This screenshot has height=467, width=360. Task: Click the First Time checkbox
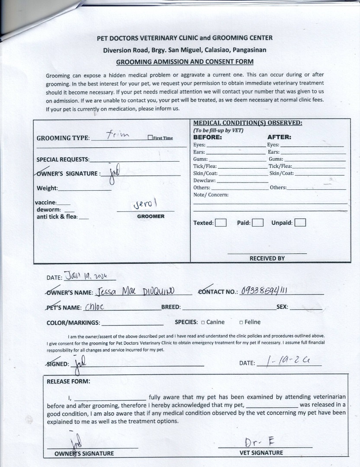[x=150, y=138]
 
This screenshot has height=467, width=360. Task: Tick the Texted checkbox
[x=221, y=223]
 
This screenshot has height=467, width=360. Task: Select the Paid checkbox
[x=257, y=223]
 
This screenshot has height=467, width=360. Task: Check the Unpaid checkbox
[x=300, y=223]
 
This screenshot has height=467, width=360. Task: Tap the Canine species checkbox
[x=203, y=322]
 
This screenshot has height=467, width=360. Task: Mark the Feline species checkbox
[x=241, y=322]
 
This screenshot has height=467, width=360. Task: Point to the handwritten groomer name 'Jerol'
[x=145, y=204]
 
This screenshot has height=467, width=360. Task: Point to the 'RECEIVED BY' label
[x=267, y=258]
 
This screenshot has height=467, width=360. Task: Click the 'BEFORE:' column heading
[x=207, y=138]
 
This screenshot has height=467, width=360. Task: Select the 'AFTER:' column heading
[x=279, y=138]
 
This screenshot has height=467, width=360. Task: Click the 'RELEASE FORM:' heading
[x=68, y=381]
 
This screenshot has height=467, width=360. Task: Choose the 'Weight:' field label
[x=47, y=188]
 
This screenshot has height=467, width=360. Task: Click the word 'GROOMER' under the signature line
[x=151, y=216]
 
